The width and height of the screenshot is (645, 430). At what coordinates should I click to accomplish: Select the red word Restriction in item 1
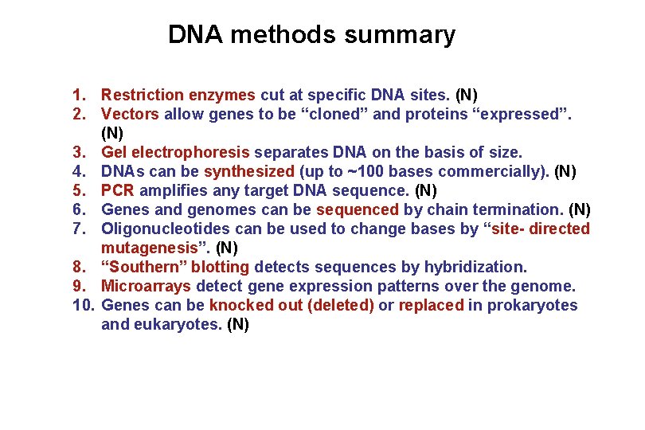pos(139,95)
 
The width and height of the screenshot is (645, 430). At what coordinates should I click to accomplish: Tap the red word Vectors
pos(131,114)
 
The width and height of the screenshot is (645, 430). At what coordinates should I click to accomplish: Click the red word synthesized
pos(249,171)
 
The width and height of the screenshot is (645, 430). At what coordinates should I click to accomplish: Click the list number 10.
pos(83,305)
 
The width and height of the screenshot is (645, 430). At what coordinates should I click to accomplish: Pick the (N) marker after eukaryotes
pos(238,324)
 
